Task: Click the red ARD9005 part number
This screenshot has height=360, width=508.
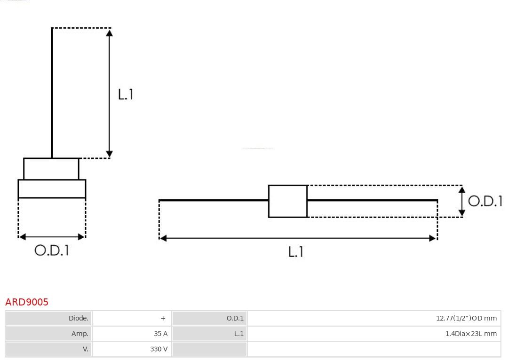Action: point(27,302)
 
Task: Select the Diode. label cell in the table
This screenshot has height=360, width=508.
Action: point(48,318)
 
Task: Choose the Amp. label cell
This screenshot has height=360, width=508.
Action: point(48,334)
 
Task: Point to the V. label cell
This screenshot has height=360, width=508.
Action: point(48,349)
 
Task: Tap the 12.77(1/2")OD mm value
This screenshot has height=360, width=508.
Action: point(466,318)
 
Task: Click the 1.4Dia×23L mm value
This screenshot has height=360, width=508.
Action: point(471,334)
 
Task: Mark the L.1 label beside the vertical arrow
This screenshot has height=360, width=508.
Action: point(126,94)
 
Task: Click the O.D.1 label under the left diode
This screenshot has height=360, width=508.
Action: point(52,250)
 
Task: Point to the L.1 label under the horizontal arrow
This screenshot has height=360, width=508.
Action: point(296,252)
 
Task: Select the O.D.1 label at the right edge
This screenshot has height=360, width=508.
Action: point(485,201)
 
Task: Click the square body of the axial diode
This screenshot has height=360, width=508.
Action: point(288,201)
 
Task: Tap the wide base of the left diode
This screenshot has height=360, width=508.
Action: point(52,188)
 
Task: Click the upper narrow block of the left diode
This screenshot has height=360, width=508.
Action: point(51,169)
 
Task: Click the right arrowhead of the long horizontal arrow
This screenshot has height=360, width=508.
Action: point(433,238)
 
